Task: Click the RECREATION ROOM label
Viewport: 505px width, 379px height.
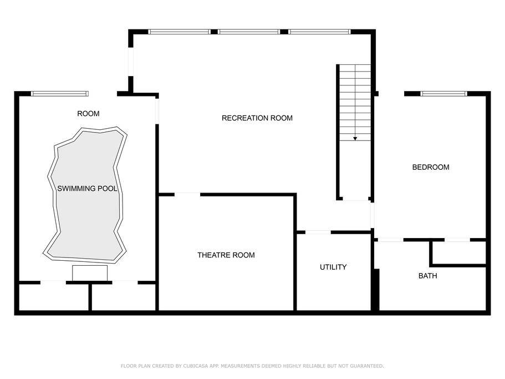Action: [x=257, y=118]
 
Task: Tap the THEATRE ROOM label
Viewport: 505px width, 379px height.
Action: [x=226, y=255]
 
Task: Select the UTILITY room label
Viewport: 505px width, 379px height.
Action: [x=333, y=267]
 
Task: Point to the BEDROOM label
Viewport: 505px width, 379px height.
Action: [x=431, y=167]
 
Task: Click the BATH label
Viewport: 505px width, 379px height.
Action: [x=428, y=276]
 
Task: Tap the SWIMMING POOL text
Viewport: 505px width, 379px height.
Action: [x=87, y=189]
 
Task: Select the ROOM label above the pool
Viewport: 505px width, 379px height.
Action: [x=88, y=113]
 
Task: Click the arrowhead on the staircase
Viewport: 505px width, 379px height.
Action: [x=355, y=139]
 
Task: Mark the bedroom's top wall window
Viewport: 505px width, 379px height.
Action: [x=444, y=94]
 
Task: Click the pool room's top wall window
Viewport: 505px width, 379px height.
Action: [x=59, y=94]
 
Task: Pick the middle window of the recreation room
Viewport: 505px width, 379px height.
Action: [x=249, y=32]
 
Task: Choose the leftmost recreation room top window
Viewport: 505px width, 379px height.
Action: [x=179, y=32]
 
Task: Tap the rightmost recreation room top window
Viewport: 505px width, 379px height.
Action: [x=319, y=32]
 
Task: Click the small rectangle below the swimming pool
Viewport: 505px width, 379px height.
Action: [x=90, y=273]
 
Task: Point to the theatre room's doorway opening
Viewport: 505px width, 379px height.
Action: [x=187, y=194]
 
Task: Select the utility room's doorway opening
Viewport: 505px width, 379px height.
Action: [x=318, y=232]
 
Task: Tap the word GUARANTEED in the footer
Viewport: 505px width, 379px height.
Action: [x=367, y=366]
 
